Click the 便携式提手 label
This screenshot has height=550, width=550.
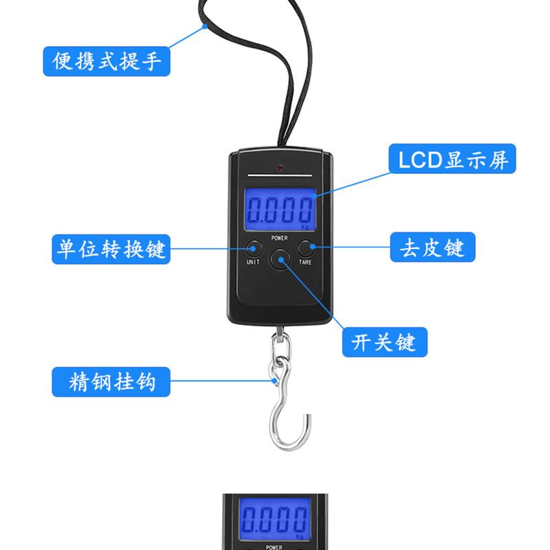(107, 60)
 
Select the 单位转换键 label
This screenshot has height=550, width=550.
(110, 248)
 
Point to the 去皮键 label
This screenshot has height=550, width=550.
(432, 247)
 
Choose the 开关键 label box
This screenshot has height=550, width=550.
(384, 342)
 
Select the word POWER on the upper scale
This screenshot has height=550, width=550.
(279, 238)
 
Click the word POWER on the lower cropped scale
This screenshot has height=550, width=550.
(279, 547)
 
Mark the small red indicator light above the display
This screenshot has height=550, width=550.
(280, 168)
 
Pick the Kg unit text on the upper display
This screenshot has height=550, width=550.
(305, 225)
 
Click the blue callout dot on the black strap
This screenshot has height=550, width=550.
(206, 27)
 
